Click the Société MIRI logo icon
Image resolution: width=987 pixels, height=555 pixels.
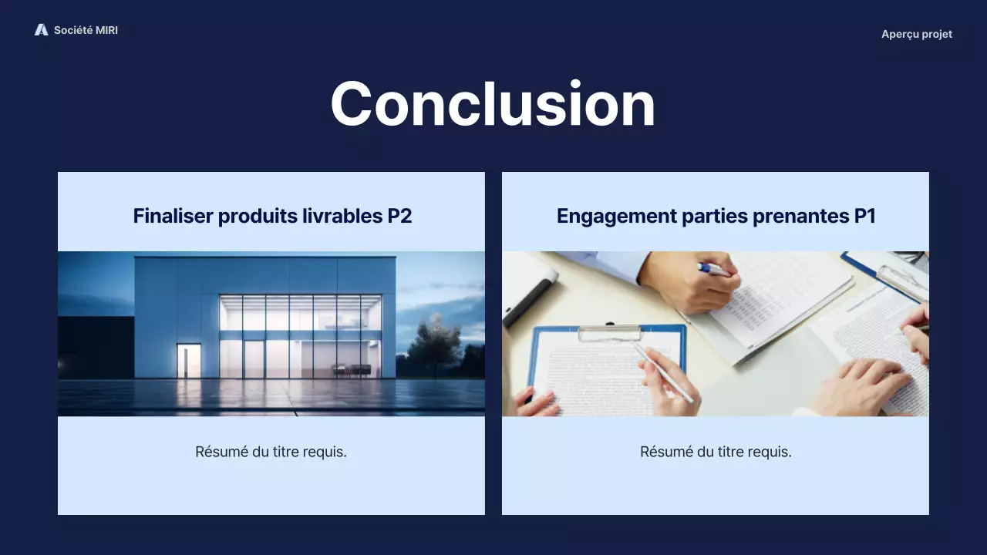tap(41, 30)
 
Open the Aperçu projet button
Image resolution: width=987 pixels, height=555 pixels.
tap(916, 34)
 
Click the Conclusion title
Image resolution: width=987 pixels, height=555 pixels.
tap(493, 104)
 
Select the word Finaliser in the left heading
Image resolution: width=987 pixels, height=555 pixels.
tap(173, 216)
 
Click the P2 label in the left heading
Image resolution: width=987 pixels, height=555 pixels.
tap(399, 216)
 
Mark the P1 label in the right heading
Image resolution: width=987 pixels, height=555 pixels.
tap(864, 216)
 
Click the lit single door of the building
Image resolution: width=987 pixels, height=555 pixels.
tap(188, 360)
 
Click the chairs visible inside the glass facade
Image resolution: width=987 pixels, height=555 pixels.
tap(351, 370)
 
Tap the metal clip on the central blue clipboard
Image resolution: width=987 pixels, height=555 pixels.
tap(609, 333)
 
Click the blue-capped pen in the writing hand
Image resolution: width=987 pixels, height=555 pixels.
tap(713, 270)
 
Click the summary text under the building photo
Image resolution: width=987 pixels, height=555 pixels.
tap(271, 452)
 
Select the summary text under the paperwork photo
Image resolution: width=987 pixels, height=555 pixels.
tap(716, 452)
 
